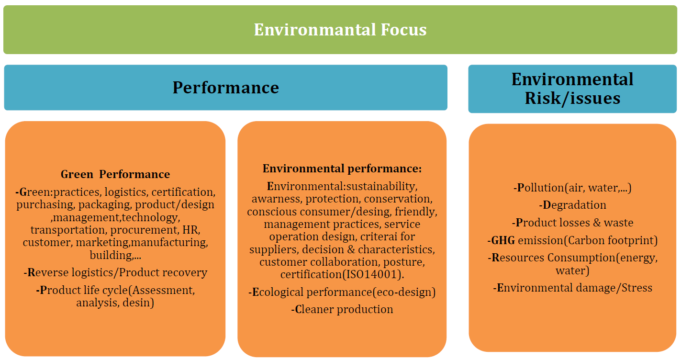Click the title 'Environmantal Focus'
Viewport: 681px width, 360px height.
tap(340, 30)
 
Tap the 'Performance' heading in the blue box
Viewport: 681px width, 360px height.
tap(225, 88)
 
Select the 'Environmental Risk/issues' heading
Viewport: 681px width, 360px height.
tap(572, 89)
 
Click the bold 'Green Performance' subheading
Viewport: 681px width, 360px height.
tap(115, 174)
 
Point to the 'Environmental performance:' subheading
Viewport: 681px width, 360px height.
tap(342, 169)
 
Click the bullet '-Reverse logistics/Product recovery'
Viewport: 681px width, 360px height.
tap(115, 272)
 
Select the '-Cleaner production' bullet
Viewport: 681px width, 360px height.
tap(342, 309)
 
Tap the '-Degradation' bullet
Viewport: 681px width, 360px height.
tap(572, 205)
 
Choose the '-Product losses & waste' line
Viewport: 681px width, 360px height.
tap(572, 223)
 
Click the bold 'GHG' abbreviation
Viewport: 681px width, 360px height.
tap(503, 240)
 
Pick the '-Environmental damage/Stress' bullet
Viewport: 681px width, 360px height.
tap(572, 288)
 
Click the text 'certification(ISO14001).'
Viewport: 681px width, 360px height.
tap(342, 275)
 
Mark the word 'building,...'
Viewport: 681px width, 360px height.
tap(115, 255)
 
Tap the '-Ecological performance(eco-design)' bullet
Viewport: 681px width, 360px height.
tap(342, 292)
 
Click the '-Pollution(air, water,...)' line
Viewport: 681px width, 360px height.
tap(572, 188)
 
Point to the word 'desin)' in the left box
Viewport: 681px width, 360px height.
tap(138, 303)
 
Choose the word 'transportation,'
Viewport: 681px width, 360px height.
tap(68, 230)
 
